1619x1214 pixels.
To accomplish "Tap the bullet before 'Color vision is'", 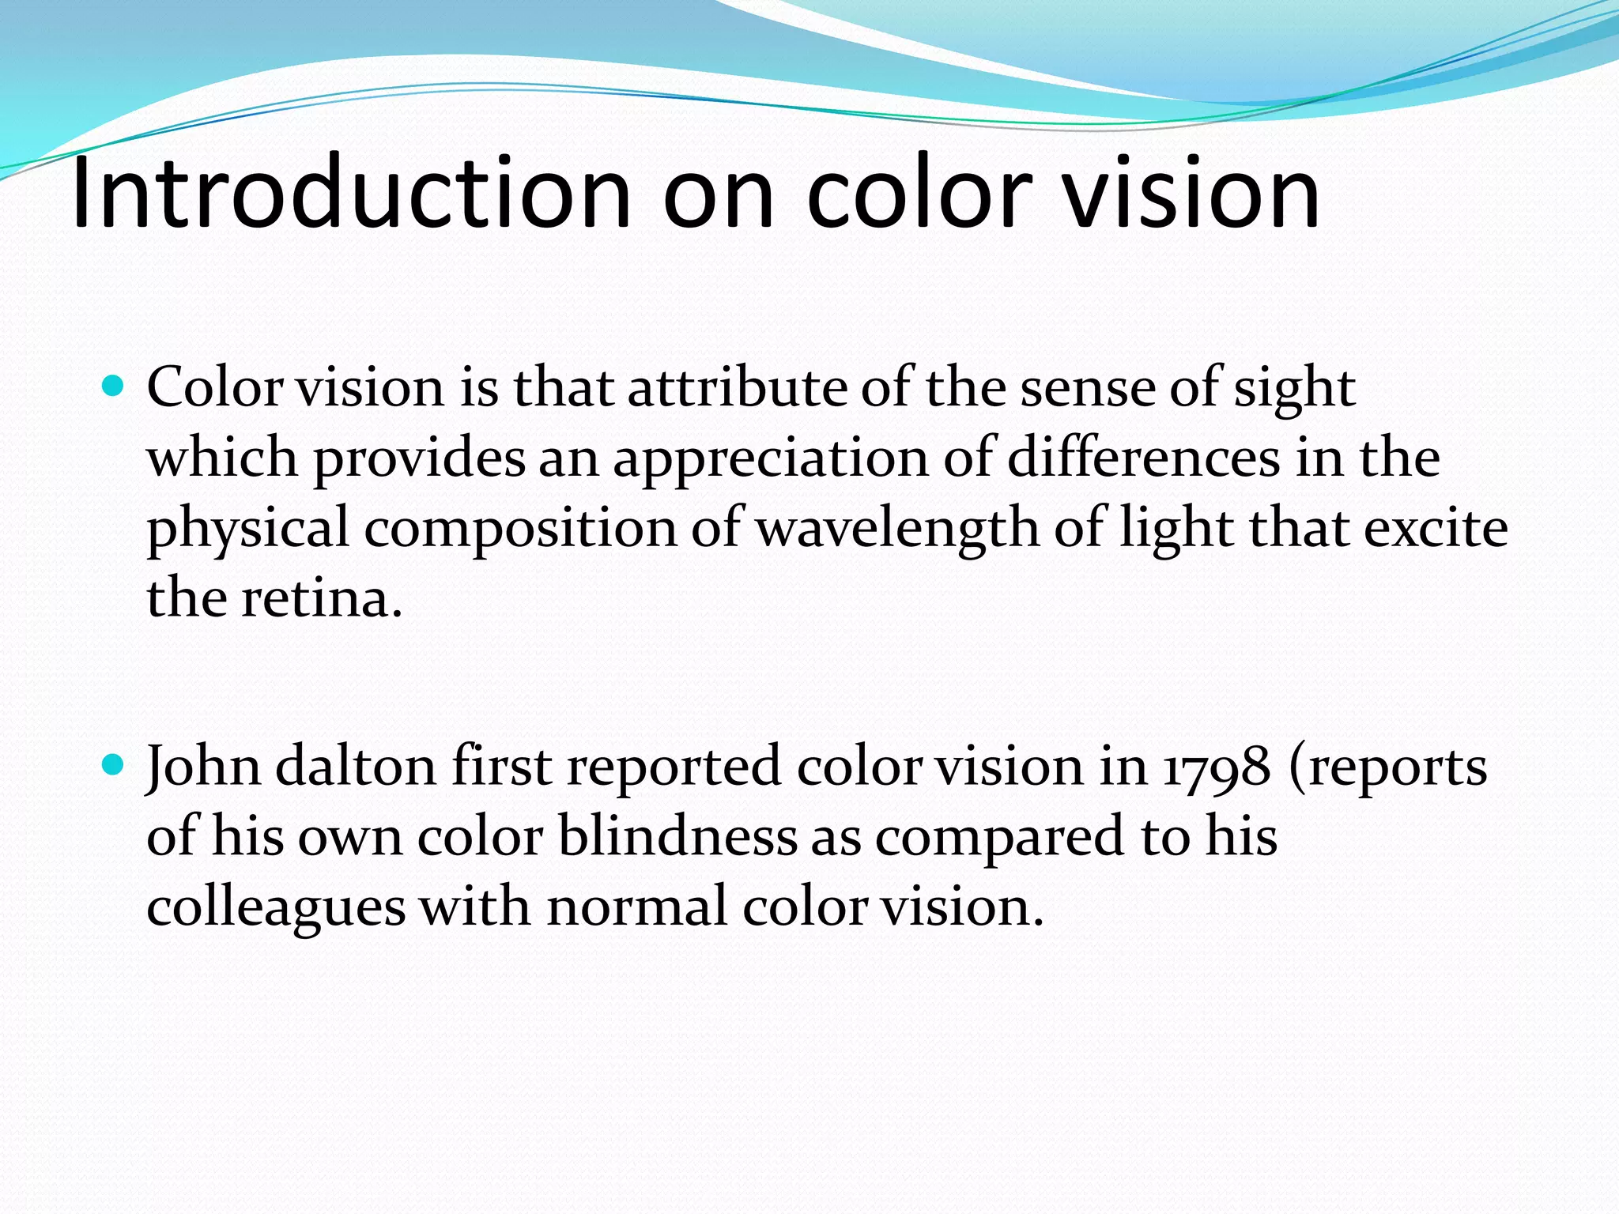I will (x=115, y=386).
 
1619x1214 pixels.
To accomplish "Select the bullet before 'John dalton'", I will (x=115, y=765).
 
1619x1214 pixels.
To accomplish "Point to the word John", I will (x=203, y=767).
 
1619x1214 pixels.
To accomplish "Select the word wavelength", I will (x=897, y=528).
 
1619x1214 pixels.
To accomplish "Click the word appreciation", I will (x=771, y=458).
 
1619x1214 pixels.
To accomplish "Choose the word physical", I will (x=247, y=528).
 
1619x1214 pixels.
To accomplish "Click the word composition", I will (x=519, y=528).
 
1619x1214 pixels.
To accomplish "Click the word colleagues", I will (x=276, y=907).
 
